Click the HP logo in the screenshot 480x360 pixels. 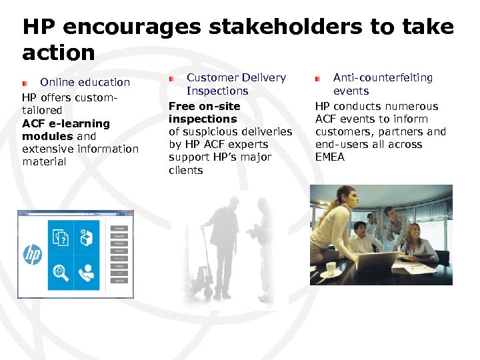(33, 254)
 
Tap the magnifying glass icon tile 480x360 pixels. (61, 272)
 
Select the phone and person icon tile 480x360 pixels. (87, 272)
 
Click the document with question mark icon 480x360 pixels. (61, 237)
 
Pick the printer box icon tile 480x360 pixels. (87, 237)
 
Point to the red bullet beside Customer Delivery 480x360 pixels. (172, 79)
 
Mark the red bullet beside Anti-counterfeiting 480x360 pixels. (319, 79)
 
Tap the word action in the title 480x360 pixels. (59, 52)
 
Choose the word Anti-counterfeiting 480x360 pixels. (383, 78)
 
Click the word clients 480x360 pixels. (186, 171)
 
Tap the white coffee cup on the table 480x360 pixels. (331, 269)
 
